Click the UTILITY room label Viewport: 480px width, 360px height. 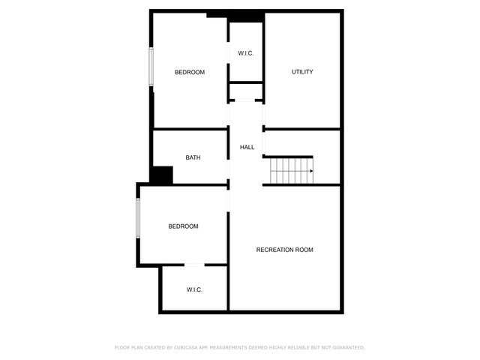tap(302, 72)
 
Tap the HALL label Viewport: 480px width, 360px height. tap(247, 147)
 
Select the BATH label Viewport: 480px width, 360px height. tap(193, 157)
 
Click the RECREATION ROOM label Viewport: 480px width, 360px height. tap(285, 250)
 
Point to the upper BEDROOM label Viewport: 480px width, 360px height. tap(190, 72)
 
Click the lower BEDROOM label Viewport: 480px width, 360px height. tap(183, 226)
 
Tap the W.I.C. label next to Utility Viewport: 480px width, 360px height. tap(246, 53)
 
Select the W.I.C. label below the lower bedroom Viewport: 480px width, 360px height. tap(194, 289)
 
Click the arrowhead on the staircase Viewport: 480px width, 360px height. tap(311, 171)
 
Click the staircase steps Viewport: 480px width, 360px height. tap(292, 171)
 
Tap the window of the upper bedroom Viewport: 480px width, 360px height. tap(151, 67)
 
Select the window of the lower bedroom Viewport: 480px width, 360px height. tap(138, 217)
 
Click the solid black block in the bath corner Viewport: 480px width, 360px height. tap(161, 175)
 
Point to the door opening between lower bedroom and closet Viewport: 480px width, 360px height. tap(194, 265)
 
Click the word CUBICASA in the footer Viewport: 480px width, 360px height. tap(185, 348)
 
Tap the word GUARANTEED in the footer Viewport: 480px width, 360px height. tap(349, 348)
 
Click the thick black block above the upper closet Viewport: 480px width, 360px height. tap(235, 16)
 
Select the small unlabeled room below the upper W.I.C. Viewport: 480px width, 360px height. tap(246, 91)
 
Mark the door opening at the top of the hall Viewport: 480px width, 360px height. tap(244, 100)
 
